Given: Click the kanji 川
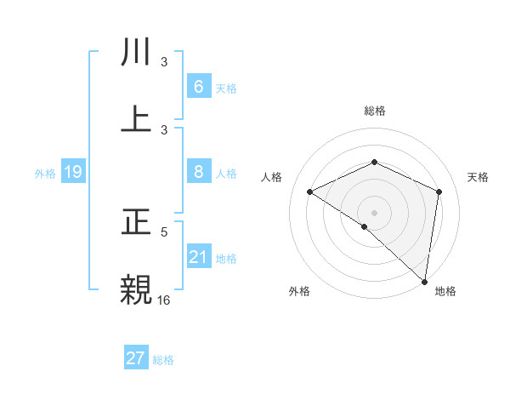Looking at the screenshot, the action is [x=138, y=53].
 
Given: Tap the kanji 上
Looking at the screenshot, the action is [x=138, y=119].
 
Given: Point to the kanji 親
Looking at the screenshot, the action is [x=138, y=289].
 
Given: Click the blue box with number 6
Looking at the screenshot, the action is [x=199, y=86].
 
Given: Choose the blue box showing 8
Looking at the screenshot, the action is [x=199, y=172].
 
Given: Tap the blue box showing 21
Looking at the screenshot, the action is [x=199, y=257].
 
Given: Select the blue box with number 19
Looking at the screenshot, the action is [x=73, y=172].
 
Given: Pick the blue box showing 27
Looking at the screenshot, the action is [x=136, y=358].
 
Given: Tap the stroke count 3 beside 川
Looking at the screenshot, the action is [x=165, y=61].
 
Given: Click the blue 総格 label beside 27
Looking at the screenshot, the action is [x=163, y=360].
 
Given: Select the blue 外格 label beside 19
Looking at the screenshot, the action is [x=45, y=174].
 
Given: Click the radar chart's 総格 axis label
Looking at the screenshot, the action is [x=375, y=111].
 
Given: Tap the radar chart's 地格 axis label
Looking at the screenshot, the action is [x=445, y=292].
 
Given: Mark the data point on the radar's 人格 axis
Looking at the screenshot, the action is [x=310, y=191].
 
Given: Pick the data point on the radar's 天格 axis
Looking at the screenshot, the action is [x=439, y=191].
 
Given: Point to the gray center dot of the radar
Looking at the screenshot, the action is [x=375, y=213].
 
